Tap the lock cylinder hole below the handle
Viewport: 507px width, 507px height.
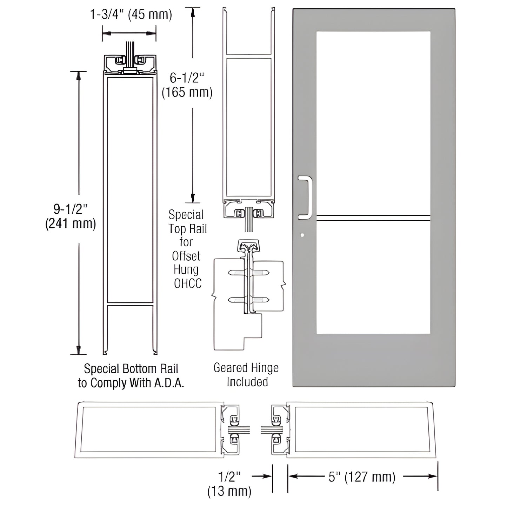pos(302,235)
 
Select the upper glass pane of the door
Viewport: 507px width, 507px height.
pos(373,123)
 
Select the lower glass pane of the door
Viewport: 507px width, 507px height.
pos(373,277)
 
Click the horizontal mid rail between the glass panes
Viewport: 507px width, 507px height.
pos(373,218)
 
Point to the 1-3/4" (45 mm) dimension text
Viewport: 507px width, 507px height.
pos(131,15)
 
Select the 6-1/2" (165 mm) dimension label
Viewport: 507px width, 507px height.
pos(187,85)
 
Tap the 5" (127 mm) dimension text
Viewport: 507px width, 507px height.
pos(362,477)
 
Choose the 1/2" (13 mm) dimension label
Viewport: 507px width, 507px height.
pos(229,484)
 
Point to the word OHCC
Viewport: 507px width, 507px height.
pos(188,283)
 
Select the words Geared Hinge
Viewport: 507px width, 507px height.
pos(246,368)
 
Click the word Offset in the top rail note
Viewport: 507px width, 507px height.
pos(186,256)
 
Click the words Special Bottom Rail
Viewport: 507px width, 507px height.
pos(131,369)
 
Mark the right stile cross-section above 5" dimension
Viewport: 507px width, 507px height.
pos(361,430)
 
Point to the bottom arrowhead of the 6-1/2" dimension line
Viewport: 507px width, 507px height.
pos(192,196)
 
